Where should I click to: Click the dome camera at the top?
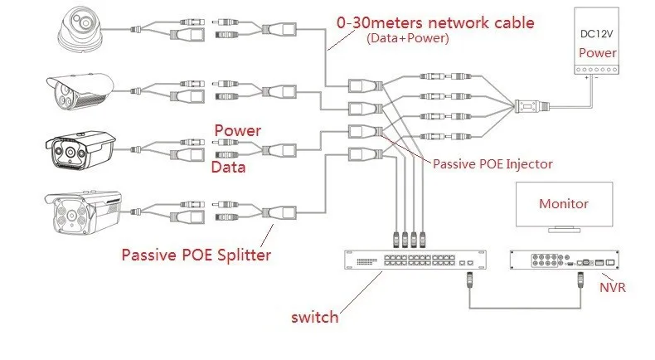[x=80, y=29]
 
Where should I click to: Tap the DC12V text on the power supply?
[x=596, y=34]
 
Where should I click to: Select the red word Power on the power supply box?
[x=597, y=53]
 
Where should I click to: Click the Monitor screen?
[x=564, y=204]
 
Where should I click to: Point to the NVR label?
[x=613, y=288]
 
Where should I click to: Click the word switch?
[x=314, y=317]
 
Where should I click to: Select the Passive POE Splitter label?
[x=196, y=255]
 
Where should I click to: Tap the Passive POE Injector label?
[x=492, y=164]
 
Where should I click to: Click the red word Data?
[x=228, y=168]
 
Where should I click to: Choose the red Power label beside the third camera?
[x=238, y=130]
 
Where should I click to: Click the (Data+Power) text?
[x=408, y=38]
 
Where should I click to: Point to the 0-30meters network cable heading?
[x=435, y=22]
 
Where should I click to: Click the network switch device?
[x=415, y=260]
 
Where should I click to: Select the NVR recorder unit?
[x=565, y=260]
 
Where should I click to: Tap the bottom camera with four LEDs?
[x=83, y=212]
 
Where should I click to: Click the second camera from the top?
[x=80, y=91]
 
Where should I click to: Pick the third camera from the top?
[x=80, y=150]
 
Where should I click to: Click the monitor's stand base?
[x=564, y=230]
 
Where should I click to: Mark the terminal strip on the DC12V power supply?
[x=596, y=70]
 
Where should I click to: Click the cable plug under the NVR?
[x=580, y=280]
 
